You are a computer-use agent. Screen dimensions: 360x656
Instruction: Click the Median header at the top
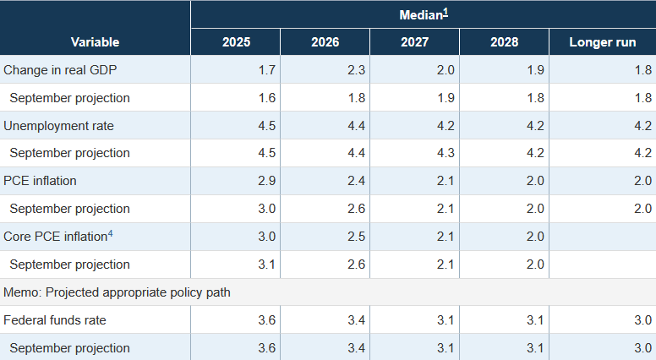coord(420,15)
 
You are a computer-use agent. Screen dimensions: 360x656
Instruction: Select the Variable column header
coord(95,42)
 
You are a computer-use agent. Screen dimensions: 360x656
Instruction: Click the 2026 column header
coord(325,42)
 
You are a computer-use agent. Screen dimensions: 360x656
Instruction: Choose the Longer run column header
coord(603,42)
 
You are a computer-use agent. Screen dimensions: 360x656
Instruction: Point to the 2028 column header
coord(504,42)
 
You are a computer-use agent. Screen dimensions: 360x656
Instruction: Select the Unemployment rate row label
coord(58,125)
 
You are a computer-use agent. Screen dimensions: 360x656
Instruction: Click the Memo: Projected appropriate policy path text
coord(118,292)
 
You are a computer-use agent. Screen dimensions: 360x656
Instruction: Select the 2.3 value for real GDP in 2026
coord(356,69)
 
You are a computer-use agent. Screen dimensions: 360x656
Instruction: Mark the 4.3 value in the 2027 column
coord(446,153)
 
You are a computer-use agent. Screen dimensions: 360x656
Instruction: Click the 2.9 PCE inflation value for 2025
coord(266,181)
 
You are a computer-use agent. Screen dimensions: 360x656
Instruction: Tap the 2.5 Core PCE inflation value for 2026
coord(356,237)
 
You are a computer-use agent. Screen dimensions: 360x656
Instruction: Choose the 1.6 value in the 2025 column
coord(266,97)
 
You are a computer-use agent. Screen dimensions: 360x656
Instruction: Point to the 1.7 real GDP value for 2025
coord(266,69)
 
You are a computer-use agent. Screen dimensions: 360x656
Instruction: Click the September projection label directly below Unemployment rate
coord(69,153)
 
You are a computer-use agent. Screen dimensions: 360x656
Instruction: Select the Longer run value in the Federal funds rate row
coord(642,320)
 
